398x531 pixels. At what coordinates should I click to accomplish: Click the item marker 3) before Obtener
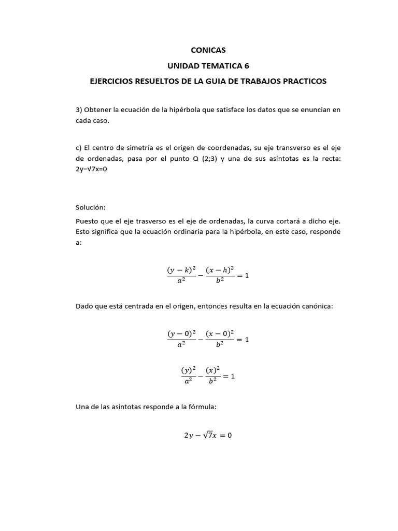[79, 110]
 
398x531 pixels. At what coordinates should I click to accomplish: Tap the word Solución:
[90, 207]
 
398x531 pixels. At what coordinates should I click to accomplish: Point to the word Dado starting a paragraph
[84, 306]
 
